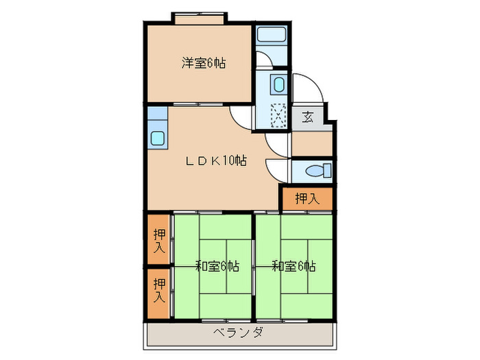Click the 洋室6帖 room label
[x=204, y=64]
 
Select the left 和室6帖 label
[x=217, y=266]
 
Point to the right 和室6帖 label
[x=293, y=266]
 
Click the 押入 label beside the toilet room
[x=307, y=199]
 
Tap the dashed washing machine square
[x=278, y=115]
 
